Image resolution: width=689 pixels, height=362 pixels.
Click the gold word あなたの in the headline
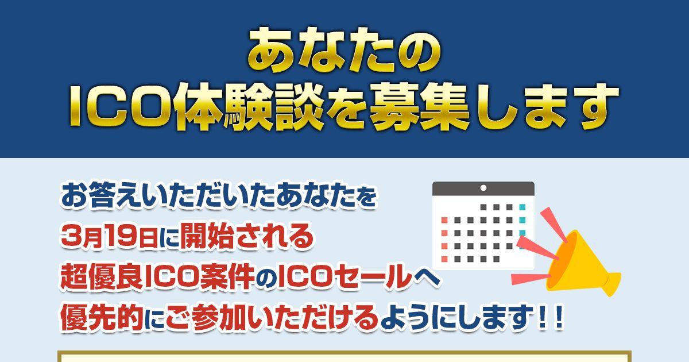[344, 51]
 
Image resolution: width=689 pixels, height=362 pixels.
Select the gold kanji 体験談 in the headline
[249, 106]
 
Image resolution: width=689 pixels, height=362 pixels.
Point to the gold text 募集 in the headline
[419, 106]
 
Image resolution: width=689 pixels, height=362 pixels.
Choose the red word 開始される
[247, 238]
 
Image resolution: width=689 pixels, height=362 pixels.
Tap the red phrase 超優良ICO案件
[157, 278]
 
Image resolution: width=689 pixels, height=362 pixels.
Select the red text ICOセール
[345, 278]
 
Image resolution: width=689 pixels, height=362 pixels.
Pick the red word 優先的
[102, 317]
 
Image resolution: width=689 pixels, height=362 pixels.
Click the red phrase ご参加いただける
[272, 317]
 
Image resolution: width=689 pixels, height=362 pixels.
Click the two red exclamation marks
[552, 317]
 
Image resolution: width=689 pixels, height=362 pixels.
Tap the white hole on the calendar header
[483, 188]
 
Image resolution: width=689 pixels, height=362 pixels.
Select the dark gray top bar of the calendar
[483, 188]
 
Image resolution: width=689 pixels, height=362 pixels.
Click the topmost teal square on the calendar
[522, 207]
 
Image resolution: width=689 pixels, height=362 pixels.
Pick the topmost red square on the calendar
[444, 220]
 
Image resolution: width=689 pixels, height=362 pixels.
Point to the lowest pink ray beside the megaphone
[531, 278]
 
